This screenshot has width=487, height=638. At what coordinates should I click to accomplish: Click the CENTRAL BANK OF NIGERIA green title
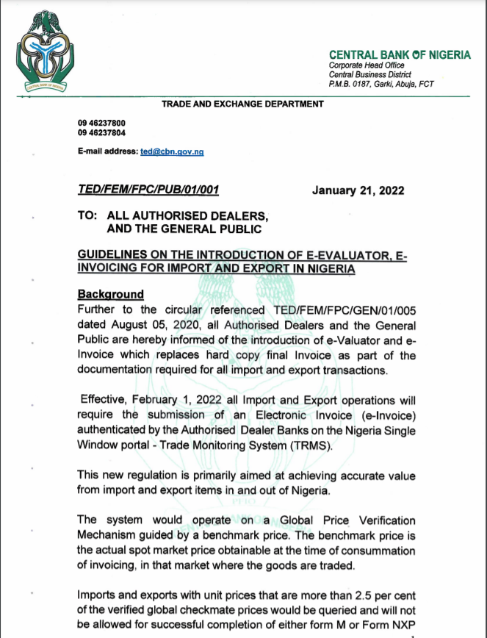pos(400,55)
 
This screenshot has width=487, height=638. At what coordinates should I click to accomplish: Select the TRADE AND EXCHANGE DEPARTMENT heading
pos(242,104)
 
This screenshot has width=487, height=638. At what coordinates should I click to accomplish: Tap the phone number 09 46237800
pos(101,123)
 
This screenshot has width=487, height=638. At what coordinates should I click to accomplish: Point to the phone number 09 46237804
pos(101,133)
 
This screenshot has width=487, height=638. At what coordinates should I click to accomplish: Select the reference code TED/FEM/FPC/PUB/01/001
pos(148,190)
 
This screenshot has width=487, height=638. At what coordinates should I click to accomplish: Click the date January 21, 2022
pos(358,190)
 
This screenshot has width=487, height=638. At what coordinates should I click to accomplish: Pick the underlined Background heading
pos(111,294)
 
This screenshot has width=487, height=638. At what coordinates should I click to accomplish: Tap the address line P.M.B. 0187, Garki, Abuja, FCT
pos(381,84)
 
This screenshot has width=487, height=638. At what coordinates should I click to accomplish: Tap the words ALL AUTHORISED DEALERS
pos(187,216)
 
